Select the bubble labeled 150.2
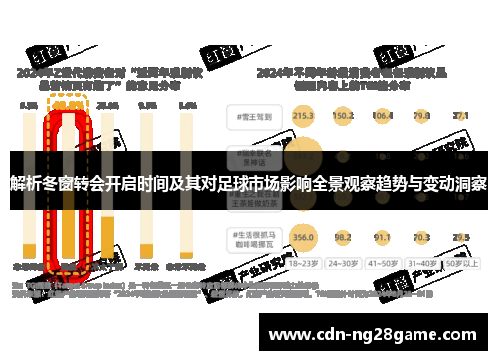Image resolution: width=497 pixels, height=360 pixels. pos(343,116)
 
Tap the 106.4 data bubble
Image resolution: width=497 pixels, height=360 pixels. pos(383,116)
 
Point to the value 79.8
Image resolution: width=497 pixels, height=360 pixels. pos(421,116)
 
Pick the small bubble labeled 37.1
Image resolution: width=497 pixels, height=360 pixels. pos(460,116)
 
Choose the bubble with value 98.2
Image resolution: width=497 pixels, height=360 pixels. pos(343,237)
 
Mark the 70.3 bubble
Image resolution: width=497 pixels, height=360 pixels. pos(421,237)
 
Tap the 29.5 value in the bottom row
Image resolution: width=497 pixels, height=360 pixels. pos(460,237)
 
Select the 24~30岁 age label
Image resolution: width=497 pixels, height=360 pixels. pos(343,265)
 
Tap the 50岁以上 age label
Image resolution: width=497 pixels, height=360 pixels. pos(460,265)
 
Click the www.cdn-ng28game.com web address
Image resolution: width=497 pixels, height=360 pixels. pos(374,332)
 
